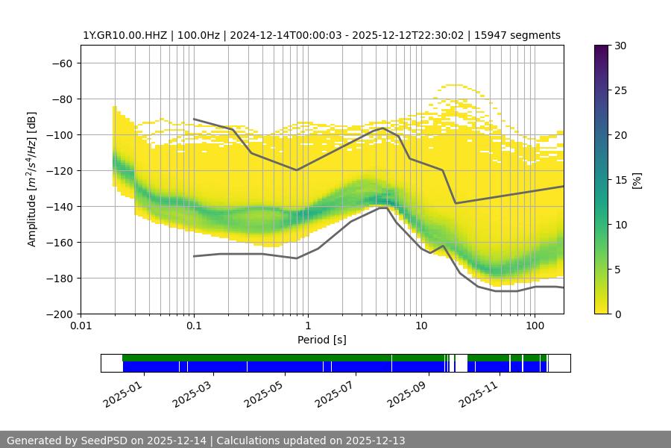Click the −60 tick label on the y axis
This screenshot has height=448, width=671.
click(61, 63)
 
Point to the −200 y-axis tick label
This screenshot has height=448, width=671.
click(58, 314)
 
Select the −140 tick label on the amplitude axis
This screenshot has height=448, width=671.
click(58, 207)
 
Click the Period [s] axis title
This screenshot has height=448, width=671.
click(322, 340)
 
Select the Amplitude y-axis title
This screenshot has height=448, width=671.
click(32, 179)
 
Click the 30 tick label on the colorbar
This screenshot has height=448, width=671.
click(620, 46)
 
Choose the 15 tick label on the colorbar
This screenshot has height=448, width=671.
click(620, 180)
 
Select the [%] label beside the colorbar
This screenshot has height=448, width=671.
click(637, 180)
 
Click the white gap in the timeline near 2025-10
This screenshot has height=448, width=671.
click(461, 363)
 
